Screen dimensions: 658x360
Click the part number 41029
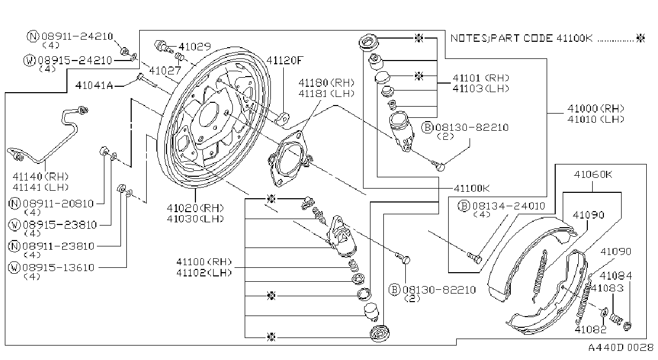[195, 47]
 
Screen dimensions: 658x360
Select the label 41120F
[284, 60]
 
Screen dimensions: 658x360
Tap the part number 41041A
[94, 85]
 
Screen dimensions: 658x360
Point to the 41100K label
[472, 188]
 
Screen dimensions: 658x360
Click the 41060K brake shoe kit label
[593, 175]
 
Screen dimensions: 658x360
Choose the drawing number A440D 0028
[621, 348]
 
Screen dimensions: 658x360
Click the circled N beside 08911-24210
[33, 36]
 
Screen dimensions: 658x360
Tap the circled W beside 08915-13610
[14, 267]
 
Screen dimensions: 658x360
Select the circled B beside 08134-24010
[464, 206]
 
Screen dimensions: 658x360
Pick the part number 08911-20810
[58, 204]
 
